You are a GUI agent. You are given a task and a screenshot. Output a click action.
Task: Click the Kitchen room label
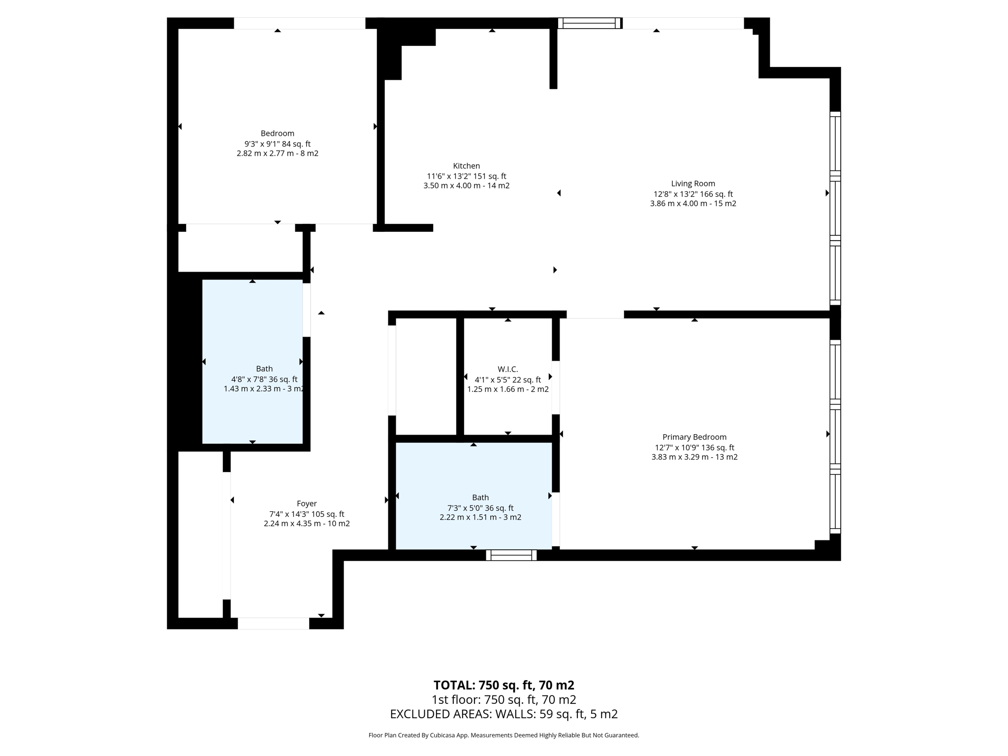pos(466,166)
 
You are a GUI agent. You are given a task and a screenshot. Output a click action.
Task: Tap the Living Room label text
pos(693,184)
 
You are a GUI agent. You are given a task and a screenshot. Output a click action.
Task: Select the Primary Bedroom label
pos(694,437)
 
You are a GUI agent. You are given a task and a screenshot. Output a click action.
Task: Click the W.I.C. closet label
pos(507,369)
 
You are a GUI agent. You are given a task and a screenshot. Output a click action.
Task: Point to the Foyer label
pos(307,504)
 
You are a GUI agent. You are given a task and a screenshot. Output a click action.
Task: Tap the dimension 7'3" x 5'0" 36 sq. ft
pos(480,508)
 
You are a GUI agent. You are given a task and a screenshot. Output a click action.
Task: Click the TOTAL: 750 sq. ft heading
pos(504,685)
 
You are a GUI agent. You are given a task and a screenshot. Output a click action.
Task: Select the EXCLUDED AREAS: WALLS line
pos(504,714)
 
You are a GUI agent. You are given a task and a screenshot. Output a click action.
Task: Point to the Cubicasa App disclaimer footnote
pos(504,735)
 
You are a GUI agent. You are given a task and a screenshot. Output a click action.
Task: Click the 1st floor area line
pos(504,699)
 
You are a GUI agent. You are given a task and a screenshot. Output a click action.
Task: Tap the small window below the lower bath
pos(511,555)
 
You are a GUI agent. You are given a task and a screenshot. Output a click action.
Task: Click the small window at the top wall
pos(589,23)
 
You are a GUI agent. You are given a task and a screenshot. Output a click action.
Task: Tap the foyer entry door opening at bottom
pos(273,623)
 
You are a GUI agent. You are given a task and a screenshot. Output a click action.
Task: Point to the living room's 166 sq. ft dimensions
pos(693,194)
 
